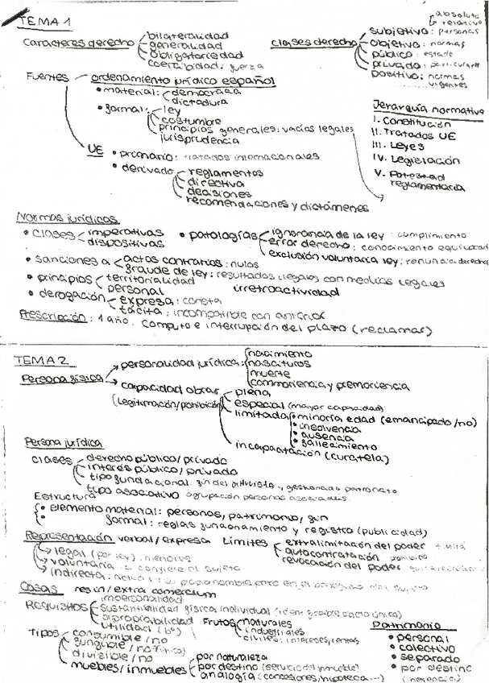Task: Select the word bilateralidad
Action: click(187, 35)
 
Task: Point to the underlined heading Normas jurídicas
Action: click(68, 218)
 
